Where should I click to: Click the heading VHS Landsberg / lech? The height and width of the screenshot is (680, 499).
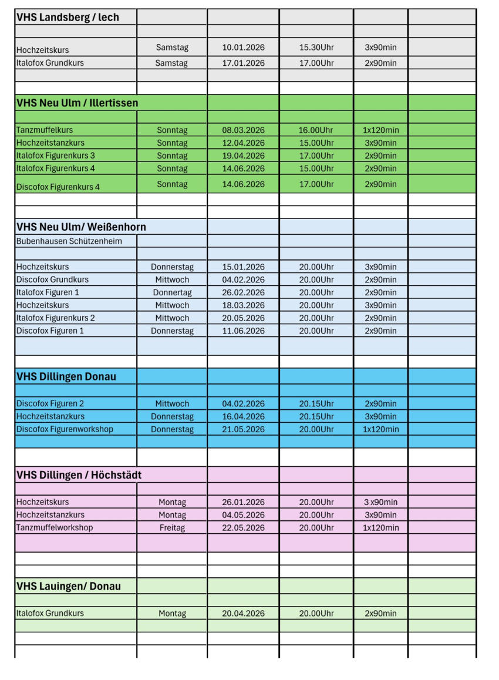click(68, 17)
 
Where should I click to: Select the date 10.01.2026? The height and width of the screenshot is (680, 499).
click(243, 47)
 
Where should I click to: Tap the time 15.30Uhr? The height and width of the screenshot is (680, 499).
click(316, 47)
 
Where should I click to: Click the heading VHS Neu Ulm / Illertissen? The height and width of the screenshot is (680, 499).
click(77, 103)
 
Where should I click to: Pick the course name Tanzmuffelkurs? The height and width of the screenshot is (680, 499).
click(45, 130)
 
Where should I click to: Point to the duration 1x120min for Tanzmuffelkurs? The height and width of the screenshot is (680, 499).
click(380, 130)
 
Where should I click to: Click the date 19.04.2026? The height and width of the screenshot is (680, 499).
click(243, 156)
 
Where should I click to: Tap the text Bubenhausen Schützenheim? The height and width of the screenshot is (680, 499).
click(69, 241)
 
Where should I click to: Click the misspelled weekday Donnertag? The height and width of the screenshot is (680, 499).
click(172, 292)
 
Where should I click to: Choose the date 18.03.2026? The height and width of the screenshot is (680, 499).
click(243, 305)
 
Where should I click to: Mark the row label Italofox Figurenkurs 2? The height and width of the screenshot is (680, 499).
click(56, 318)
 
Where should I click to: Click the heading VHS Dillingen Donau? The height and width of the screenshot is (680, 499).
click(66, 376)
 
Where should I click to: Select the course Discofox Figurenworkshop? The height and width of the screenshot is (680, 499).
click(65, 429)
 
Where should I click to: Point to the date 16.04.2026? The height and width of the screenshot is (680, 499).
click(243, 416)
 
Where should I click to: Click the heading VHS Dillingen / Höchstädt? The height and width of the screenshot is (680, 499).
click(79, 474)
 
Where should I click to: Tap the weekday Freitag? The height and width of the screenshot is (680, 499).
click(172, 528)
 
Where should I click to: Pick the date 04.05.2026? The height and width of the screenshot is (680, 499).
click(243, 515)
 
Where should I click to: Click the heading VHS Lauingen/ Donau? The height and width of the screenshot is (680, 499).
click(68, 586)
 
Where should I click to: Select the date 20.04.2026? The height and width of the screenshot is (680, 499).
click(243, 614)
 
